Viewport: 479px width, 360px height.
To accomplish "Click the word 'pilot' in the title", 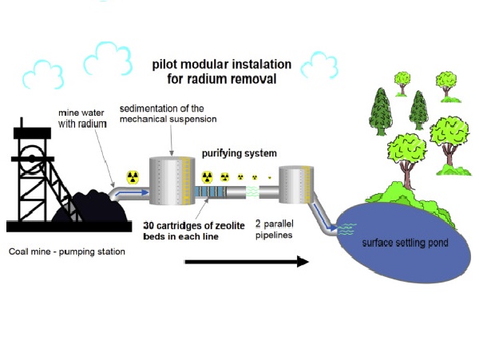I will [168, 64].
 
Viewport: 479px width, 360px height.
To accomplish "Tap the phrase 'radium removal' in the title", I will [239, 78].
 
